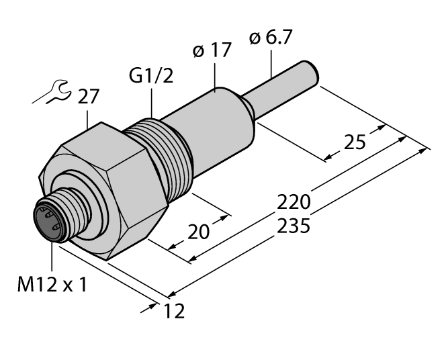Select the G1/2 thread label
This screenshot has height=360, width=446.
151,76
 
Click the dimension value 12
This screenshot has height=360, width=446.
174,311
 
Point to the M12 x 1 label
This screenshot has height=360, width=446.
52,284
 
